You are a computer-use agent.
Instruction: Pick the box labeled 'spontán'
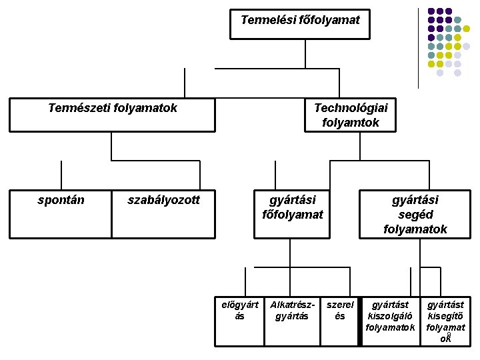(61, 213)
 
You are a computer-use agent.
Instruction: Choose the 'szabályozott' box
(163, 213)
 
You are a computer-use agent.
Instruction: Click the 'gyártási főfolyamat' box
(292, 213)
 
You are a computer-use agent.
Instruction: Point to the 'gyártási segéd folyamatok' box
(415, 214)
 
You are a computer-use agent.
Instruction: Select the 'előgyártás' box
(239, 321)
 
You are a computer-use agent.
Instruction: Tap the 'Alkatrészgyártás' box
(292, 321)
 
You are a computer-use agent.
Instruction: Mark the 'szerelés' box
(339, 321)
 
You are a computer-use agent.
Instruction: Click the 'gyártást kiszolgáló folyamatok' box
(390, 321)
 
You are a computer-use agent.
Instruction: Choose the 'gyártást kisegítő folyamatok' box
(445, 321)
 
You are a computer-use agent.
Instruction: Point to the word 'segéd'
(415, 214)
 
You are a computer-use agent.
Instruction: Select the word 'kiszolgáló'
(390, 316)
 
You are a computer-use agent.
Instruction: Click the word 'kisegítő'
(446, 316)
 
